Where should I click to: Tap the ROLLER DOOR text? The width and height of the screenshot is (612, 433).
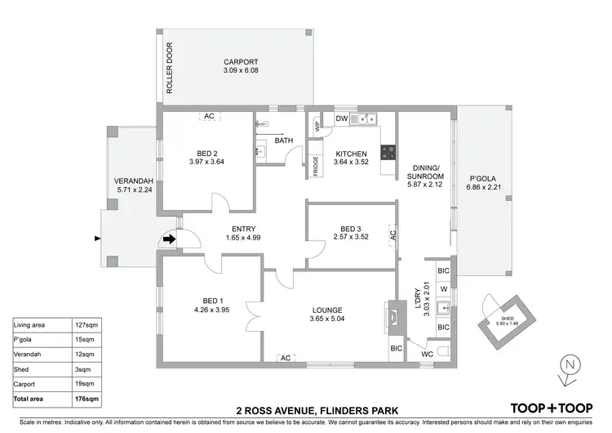click(x=171, y=69)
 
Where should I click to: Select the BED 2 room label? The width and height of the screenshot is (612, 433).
click(x=206, y=153)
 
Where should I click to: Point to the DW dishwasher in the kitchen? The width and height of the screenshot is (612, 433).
click(x=343, y=120)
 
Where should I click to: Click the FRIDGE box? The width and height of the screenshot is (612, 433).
click(x=315, y=163)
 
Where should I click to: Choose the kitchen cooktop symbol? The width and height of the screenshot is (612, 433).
click(x=388, y=150)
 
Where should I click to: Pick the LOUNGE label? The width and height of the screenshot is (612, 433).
click(x=326, y=310)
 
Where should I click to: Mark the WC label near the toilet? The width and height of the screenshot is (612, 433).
click(x=428, y=355)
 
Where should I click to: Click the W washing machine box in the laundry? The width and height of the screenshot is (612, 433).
click(x=443, y=288)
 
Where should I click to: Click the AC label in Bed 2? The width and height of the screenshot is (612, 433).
click(x=208, y=117)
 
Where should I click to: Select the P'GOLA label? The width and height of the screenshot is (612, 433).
click(x=483, y=178)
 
